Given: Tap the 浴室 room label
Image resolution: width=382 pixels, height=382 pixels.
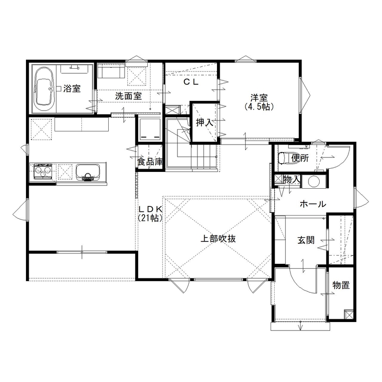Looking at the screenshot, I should point(72,89).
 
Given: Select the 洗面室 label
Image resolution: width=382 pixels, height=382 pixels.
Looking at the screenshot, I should point(128,96).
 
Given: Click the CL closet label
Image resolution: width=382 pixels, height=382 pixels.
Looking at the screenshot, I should point(191,82).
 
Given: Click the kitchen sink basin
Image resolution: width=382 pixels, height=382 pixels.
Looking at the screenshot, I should point(87,172).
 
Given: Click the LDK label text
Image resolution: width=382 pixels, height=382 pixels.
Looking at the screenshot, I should point(151,209).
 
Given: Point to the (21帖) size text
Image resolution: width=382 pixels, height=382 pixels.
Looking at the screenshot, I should point(151,218).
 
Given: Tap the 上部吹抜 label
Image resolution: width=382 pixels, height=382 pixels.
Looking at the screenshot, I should point(219,238).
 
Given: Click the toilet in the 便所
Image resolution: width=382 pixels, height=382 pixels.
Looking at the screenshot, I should point(283,158).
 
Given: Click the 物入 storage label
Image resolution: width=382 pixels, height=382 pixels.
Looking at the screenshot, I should point(292,180).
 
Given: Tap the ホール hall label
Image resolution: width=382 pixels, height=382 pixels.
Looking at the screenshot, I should point(312,205).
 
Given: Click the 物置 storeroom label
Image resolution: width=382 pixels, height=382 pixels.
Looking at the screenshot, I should point(341,286).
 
